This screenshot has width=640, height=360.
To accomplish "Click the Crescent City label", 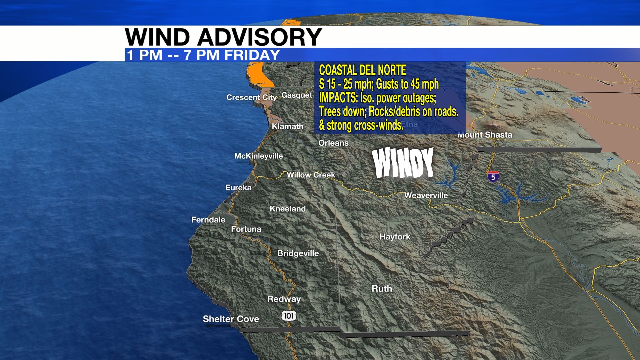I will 251,97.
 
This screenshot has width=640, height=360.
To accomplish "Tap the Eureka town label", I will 238,188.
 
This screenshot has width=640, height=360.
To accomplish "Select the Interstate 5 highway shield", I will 493,176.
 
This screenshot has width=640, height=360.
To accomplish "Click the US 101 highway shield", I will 289,316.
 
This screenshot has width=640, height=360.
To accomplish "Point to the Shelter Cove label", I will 231,319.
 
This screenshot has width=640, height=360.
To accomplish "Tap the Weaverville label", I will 426,195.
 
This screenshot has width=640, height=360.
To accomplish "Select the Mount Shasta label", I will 485,135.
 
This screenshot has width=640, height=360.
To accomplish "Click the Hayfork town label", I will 395,237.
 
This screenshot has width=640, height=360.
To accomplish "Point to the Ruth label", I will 382,289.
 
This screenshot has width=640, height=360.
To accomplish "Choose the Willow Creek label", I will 311,175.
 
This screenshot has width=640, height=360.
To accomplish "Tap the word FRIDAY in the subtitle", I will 252,55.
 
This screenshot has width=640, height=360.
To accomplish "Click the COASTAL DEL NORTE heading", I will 362,70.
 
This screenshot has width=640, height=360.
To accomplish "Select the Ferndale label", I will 208,220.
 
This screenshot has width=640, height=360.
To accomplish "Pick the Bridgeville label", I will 298,253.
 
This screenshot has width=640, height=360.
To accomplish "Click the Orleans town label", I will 333,143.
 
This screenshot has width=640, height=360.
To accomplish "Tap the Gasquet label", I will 297,95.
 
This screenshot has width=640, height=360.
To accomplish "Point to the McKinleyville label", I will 258,156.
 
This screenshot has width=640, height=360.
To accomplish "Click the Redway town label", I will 284,299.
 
